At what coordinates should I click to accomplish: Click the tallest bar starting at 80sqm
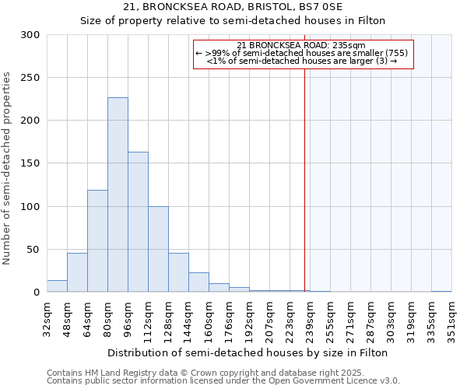point(118,194)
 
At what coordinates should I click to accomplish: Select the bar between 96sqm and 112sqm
point(138,222)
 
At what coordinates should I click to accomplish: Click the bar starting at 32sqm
point(57,286)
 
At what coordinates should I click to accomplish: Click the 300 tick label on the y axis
point(30,35)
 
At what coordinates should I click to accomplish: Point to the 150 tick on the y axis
point(30,163)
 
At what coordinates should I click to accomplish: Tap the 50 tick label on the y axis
point(33,250)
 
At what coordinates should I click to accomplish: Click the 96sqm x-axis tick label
point(128,317)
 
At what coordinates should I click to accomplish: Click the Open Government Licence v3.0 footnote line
point(223,380)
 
